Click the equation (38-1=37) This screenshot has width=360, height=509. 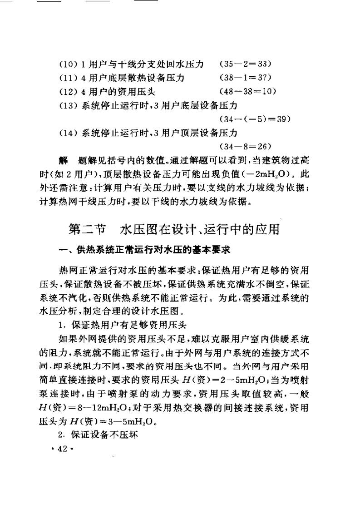click(245, 78)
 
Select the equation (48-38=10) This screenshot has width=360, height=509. click(247, 91)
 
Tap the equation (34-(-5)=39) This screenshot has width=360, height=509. click(255, 119)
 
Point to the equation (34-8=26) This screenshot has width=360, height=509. click(245, 146)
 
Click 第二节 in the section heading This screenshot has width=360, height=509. click(87, 229)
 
